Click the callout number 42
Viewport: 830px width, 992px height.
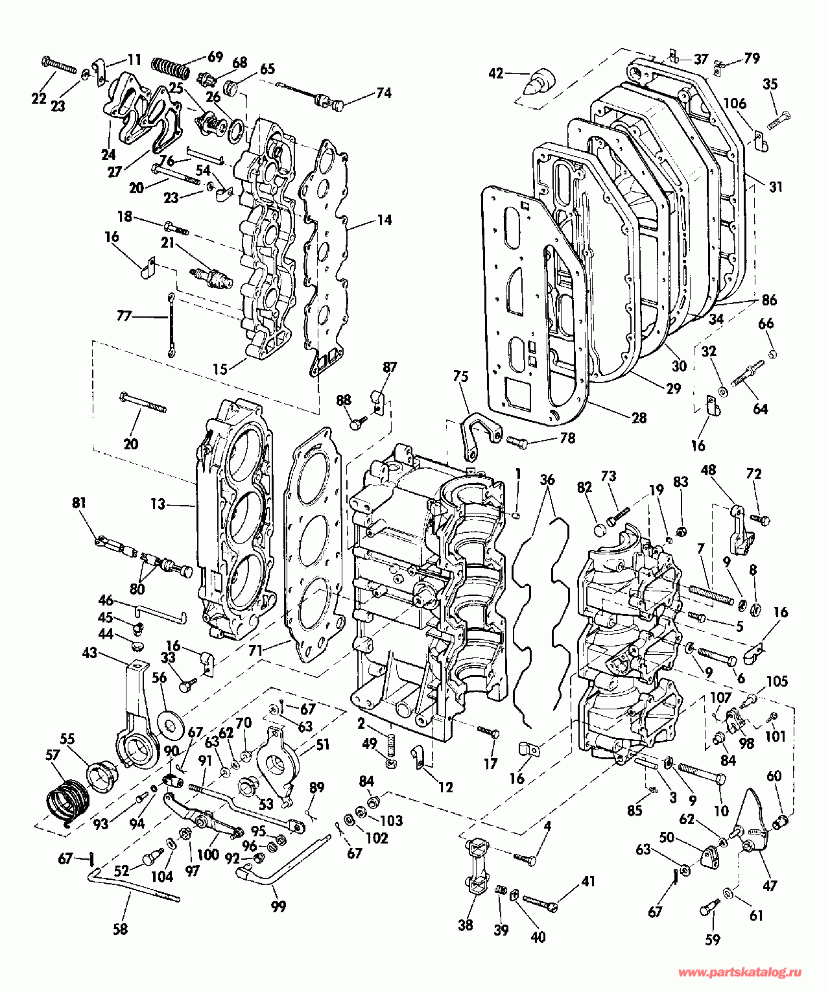[495, 74]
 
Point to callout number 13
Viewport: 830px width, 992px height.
[158, 504]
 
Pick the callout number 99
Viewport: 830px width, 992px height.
[278, 906]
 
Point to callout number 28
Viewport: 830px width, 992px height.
[639, 418]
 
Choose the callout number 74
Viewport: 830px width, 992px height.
[384, 93]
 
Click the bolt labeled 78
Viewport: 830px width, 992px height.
[517, 441]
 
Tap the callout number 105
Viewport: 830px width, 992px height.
[777, 681]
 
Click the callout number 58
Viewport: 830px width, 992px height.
[120, 929]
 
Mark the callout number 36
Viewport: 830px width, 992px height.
[547, 480]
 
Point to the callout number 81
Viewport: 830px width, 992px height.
[79, 503]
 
